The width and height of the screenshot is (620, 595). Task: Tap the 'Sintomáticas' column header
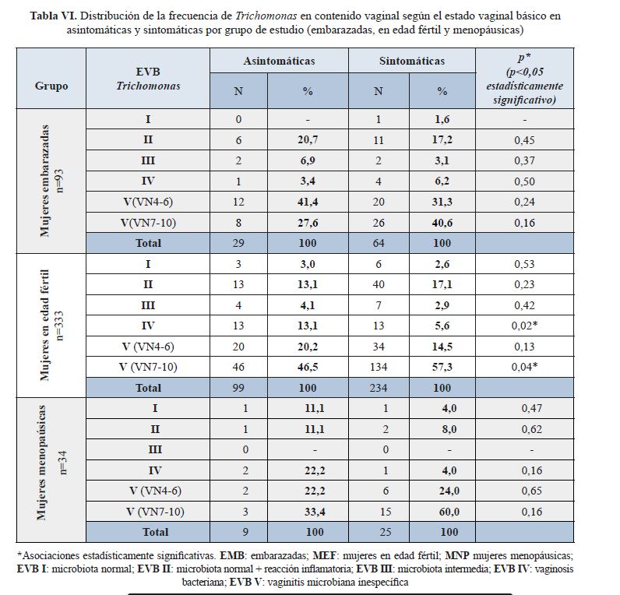(x=412, y=61)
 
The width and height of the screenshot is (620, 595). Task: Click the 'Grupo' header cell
(x=51, y=86)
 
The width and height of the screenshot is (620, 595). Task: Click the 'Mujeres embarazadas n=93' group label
(x=51, y=181)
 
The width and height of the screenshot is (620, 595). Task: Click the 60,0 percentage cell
(x=442, y=512)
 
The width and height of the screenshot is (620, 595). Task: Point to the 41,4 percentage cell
(x=308, y=201)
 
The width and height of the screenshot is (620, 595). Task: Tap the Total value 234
(x=379, y=387)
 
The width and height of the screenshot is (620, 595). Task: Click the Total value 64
(x=379, y=242)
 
